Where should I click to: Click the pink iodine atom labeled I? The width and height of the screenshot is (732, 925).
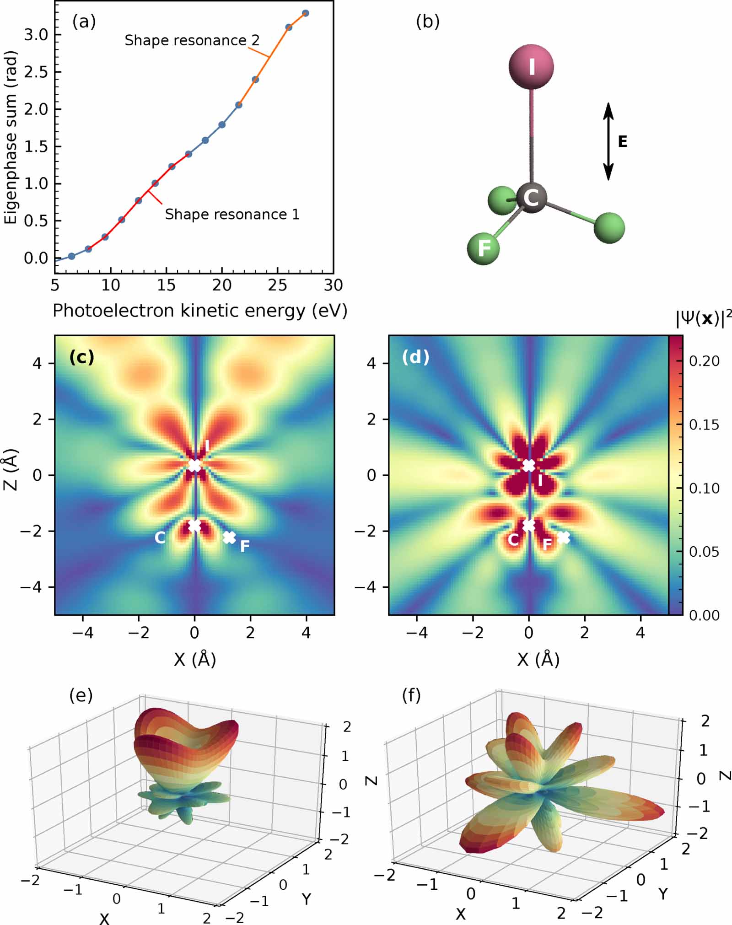[531, 67]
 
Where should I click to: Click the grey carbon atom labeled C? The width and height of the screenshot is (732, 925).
[531, 198]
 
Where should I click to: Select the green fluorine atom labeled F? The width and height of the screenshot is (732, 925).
[483, 248]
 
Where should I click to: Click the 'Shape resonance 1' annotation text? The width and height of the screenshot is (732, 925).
[232, 214]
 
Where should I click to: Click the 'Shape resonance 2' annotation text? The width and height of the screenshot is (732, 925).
[192, 40]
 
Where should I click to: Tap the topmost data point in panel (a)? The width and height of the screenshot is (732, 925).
[306, 13]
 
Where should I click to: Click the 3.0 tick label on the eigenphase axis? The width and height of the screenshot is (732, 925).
[36, 35]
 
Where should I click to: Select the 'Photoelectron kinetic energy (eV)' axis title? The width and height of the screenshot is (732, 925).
[200, 311]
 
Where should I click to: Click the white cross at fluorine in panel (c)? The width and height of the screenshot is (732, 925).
[229, 538]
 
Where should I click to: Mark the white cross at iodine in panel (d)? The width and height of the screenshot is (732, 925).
[529, 466]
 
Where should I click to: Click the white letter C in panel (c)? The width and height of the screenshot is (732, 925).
[160, 538]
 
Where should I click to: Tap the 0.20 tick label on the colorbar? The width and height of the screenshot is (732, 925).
[704, 361]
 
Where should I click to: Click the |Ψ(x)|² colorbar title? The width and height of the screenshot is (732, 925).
[703, 318]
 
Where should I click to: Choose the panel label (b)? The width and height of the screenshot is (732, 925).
[427, 22]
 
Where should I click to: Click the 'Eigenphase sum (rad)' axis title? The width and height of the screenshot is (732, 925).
[11, 137]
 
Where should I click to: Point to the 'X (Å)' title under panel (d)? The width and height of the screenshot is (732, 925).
[538, 659]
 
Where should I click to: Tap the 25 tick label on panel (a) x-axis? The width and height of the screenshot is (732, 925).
[277, 285]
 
